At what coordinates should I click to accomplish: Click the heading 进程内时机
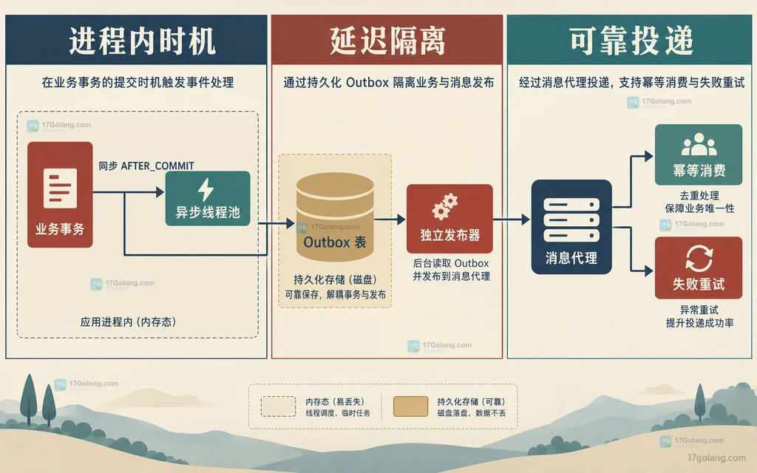[142, 41]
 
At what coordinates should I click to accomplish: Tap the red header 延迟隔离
[387, 41]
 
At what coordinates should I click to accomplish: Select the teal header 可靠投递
[631, 41]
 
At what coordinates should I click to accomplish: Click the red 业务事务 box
[60, 194]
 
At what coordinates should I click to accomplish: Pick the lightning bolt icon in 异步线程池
[206, 189]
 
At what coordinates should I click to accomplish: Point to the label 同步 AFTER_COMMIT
[146, 166]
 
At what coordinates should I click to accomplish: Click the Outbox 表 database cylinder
[335, 217]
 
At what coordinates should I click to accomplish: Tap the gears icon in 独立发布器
[444, 207]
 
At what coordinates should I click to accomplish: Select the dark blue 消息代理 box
[571, 227]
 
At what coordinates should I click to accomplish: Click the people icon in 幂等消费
[699, 144]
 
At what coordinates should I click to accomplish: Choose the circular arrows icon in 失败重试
[699, 258]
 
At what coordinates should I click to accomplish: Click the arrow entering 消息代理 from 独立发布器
[512, 220]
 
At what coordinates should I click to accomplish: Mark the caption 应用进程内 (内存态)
[128, 322]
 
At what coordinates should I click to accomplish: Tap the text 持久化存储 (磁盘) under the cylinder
[335, 279]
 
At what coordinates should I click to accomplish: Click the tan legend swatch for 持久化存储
[410, 406]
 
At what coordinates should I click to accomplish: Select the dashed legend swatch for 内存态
[278, 406]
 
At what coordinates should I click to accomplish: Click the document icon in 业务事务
[60, 188]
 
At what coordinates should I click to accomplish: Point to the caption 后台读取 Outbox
[451, 264]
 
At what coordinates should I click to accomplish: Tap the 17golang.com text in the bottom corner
[716, 457]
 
